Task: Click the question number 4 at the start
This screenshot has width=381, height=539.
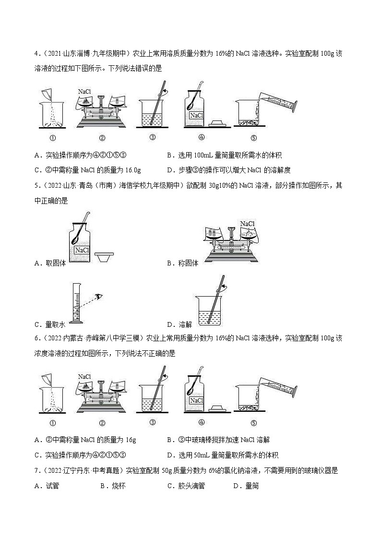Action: point(36,54)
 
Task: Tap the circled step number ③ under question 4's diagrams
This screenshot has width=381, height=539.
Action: point(153,138)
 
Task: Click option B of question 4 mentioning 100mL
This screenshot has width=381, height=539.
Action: point(224,155)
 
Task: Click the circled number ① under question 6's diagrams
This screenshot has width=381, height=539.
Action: point(53,423)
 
